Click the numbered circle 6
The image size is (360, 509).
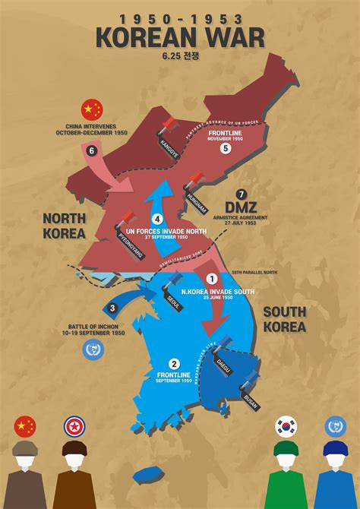pos(92,150)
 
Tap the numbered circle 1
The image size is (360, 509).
pos(211,279)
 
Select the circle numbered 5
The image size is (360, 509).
pos(225,149)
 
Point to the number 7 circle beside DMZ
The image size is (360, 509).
pos(242,194)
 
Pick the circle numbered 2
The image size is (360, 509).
pos(174,364)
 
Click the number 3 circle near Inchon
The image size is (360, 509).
pos(112,308)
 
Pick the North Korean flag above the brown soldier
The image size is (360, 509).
pos(75,426)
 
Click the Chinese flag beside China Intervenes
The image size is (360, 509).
pos(92,109)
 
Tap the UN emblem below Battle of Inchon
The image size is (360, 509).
pos(94,350)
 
